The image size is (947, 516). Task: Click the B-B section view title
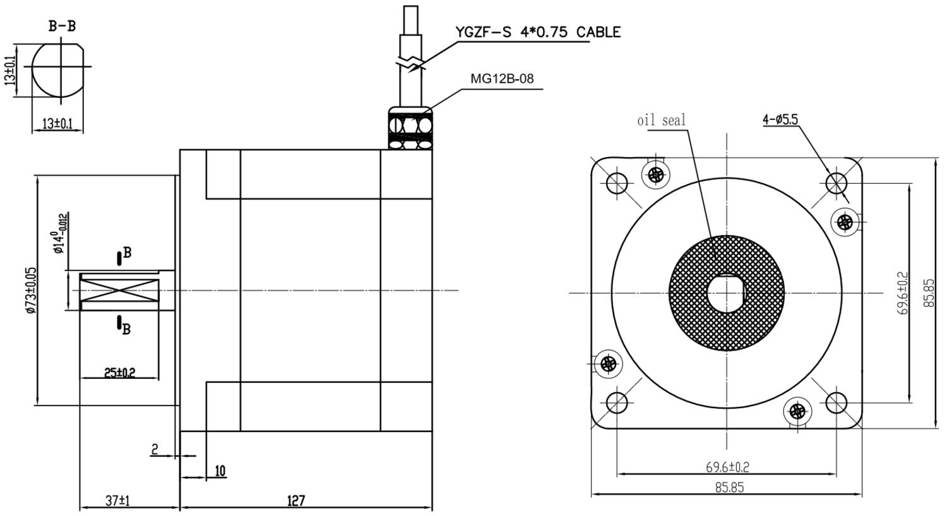[x=62, y=27]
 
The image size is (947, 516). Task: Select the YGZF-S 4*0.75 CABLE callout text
[x=538, y=32]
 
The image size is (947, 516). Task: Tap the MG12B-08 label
[x=502, y=79]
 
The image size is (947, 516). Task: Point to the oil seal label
[x=661, y=121]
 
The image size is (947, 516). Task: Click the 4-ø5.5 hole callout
[x=780, y=120]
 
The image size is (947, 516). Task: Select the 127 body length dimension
[x=296, y=501]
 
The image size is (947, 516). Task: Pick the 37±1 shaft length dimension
[x=117, y=501]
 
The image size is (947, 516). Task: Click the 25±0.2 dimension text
[x=120, y=373]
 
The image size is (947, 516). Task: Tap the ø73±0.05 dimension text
[x=32, y=291]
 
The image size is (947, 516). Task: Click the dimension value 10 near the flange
[x=220, y=471]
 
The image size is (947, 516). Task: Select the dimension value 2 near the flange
[x=155, y=449]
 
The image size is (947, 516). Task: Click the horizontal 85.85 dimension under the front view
[x=729, y=487]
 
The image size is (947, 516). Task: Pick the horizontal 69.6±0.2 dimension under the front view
[x=727, y=467]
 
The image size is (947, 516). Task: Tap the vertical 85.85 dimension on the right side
[x=929, y=292]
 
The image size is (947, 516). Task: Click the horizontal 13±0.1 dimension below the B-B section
[x=57, y=124]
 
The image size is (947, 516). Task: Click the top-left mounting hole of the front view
[x=617, y=183]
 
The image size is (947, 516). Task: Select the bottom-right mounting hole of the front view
[x=837, y=402]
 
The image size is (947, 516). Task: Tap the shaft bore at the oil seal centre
[x=727, y=293]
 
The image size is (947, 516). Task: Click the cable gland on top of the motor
[x=410, y=128]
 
